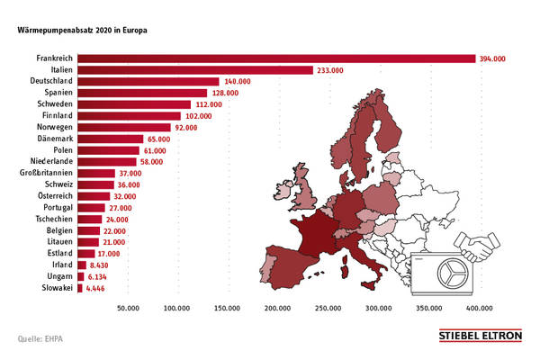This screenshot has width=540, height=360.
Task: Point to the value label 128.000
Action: tap(224, 93)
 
